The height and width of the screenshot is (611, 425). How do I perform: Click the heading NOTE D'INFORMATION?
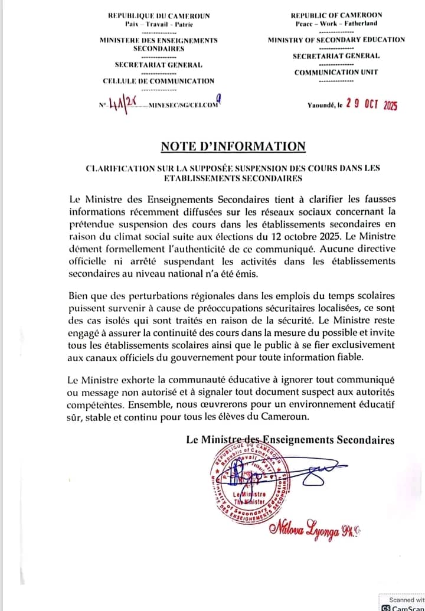tap(233, 146)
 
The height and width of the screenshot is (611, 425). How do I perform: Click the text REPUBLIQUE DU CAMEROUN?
tap(159, 15)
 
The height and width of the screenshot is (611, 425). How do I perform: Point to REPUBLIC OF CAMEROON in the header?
tap(336, 15)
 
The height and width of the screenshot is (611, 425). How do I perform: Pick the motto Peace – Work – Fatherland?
tap(336, 24)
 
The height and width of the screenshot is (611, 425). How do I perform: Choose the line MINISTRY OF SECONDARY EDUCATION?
tap(336, 40)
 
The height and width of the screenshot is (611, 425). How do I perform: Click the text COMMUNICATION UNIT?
tap(336, 72)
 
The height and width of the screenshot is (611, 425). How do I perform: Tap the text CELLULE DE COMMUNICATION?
tap(159, 81)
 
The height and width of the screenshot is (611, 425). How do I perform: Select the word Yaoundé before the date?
tap(321, 105)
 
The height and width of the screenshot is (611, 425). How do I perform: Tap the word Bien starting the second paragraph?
tap(80, 295)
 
